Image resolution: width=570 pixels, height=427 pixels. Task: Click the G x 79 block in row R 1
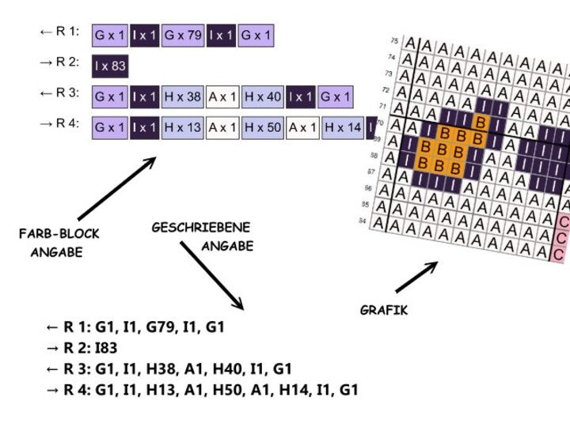click(183, 36)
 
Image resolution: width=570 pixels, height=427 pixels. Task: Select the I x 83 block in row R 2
click(110, 66)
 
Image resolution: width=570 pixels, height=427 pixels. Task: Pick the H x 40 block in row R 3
click(263, 97)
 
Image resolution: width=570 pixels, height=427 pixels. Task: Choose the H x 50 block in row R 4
click(263, 127)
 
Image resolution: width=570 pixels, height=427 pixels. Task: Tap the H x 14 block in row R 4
click(343, 127)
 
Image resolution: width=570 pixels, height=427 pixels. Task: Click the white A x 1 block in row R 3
click(223, 97)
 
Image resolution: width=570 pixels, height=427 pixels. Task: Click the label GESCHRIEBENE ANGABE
click(203, 236)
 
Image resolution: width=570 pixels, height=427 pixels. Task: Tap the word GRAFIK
click(384, 311)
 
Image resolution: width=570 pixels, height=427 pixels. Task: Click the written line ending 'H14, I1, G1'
click(202, 389)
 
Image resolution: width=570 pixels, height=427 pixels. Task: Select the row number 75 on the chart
click(394, 40)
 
